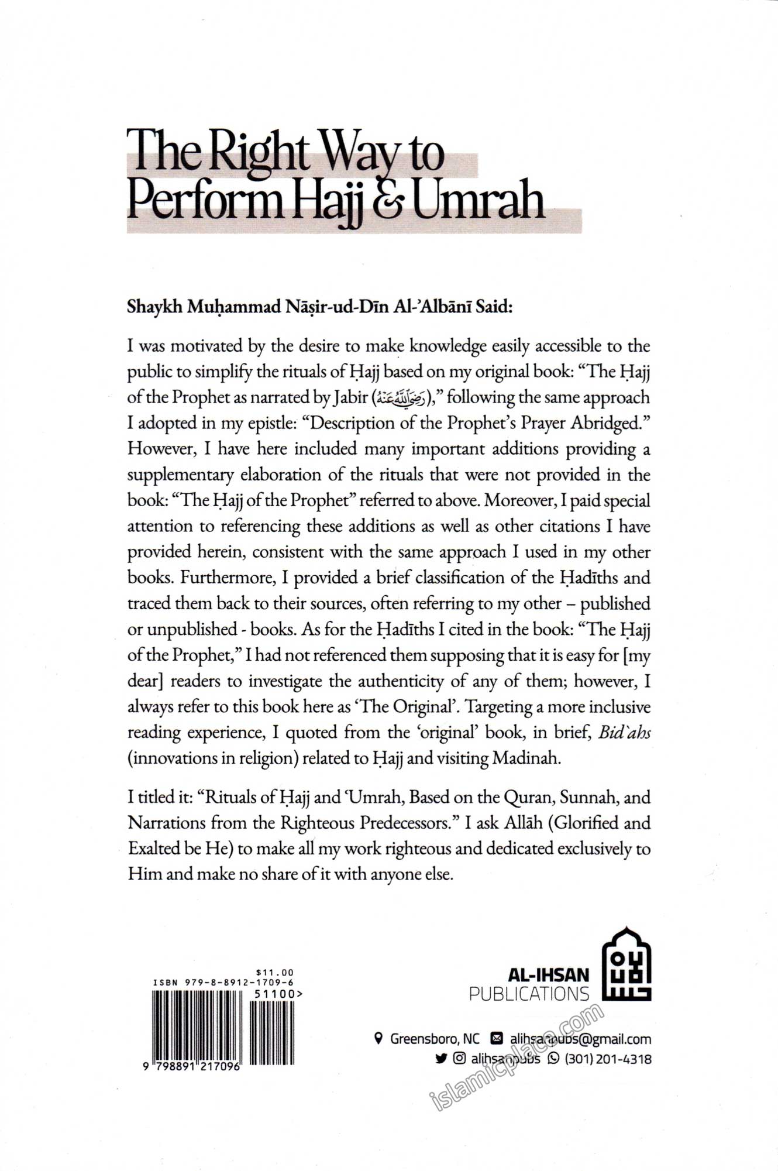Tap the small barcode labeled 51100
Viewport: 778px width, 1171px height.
[272, 1032]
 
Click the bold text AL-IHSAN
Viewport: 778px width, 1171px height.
[548, 975]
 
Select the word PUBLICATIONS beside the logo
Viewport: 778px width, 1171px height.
[529, 994]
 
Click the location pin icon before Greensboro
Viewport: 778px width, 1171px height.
[378, 1039]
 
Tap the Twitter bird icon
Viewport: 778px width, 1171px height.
[441, 1059]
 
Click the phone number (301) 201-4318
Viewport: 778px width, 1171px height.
[608, 1059]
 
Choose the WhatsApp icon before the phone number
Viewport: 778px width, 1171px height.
[553, 1059]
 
